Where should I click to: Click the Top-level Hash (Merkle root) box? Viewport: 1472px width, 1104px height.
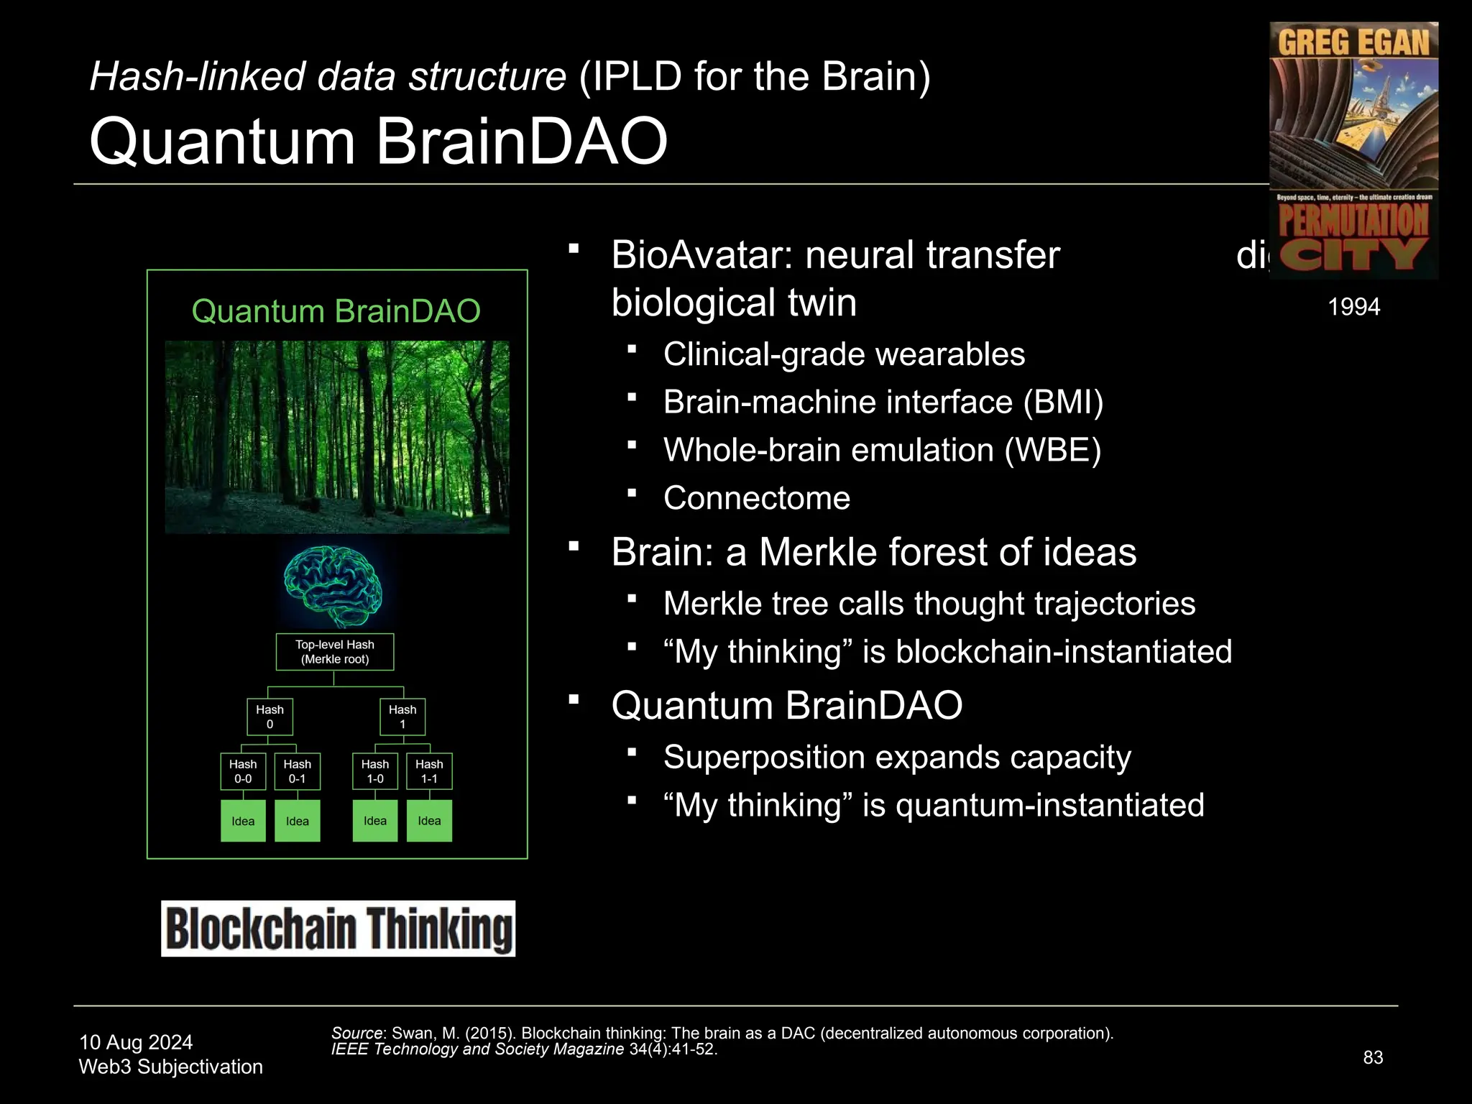(x=335, y=652)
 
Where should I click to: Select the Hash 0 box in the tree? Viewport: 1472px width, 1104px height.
(x=270, y=717)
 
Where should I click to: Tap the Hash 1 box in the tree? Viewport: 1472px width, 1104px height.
(x=402, y=717)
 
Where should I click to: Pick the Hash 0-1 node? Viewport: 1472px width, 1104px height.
(x=297, y=771)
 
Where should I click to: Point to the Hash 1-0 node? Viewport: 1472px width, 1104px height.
(x=375, y=771)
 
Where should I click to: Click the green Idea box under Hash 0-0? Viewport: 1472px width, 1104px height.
(x=243, y=821)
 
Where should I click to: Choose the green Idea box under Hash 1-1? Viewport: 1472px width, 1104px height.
(x=429, y=821)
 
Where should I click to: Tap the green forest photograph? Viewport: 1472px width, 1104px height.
(x=337, y=437)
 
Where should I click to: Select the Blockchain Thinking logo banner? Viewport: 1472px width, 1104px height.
(x=338, y=929)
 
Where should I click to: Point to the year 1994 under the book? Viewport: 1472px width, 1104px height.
(x=1353, y=307)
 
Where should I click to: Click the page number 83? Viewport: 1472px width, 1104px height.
(x=1373, y=1057)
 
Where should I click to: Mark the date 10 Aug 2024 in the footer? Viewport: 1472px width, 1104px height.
(x=136, y=1042)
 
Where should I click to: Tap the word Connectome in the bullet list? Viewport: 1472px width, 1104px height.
(x=757, y=498)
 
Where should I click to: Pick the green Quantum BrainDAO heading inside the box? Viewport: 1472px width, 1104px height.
(x=336, y=311)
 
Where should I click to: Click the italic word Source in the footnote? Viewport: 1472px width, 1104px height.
(x=356, y=1033)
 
